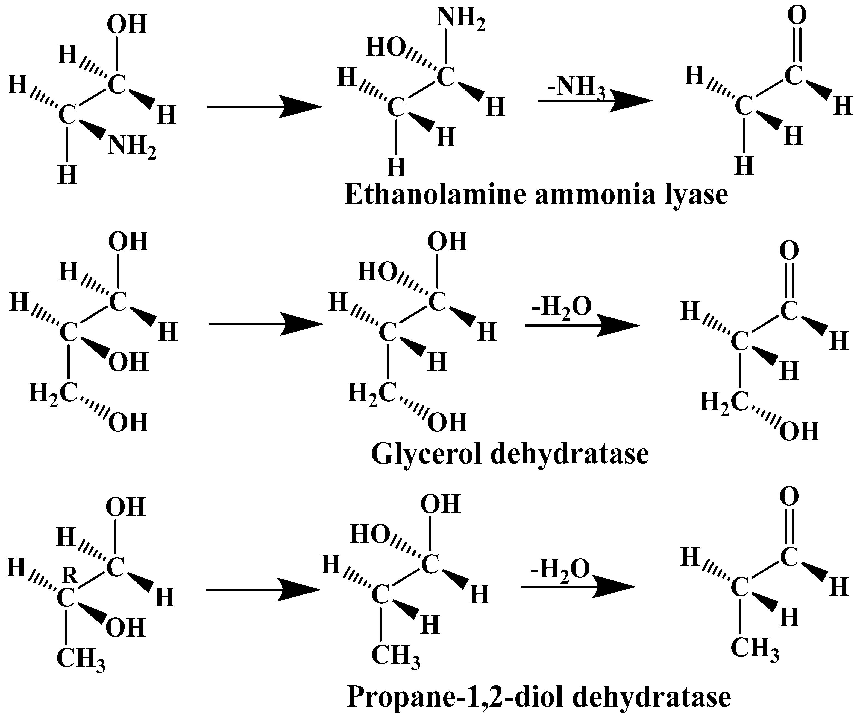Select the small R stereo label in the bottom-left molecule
click(x=71, y=576)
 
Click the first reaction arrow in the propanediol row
click(x=263, y=590)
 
